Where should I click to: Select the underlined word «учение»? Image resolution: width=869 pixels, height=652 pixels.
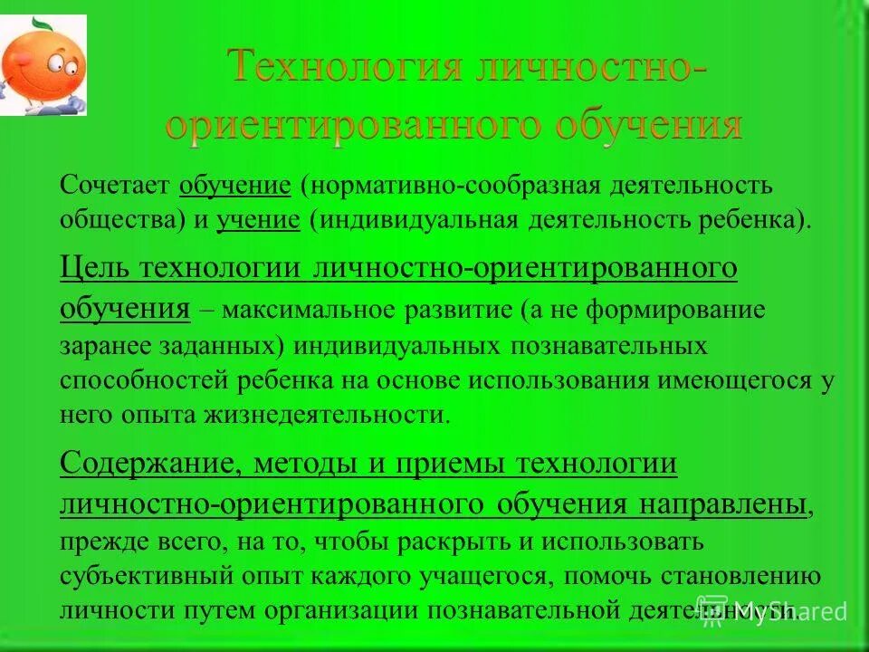[258, 219]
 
